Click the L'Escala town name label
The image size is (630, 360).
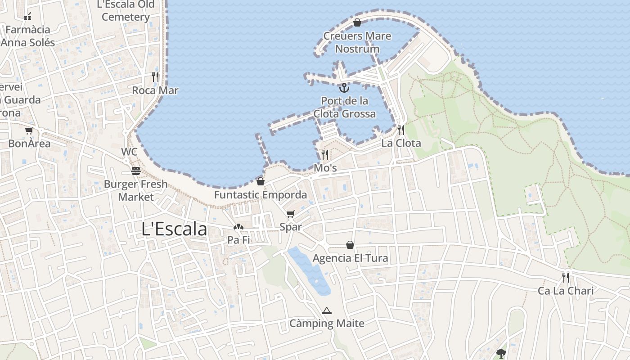(174, 229)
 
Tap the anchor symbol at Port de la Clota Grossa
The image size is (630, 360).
(344, 87)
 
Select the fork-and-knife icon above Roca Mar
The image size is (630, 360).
(155, 76)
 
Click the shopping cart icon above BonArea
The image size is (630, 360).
(29, 130)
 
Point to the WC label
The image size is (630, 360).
(129, 152)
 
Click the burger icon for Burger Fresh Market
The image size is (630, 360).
(135, 171)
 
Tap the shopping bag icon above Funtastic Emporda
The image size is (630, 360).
(260, 181)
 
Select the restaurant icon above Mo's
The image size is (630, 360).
(325, 155)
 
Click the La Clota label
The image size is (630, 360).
(401, 143)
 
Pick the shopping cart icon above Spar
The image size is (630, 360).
(291, 214)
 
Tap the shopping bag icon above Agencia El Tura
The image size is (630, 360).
(350, 245)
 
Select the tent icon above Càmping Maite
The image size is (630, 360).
(327, 310)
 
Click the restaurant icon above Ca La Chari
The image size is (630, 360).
(566, 277)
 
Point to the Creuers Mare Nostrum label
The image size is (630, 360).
(357, 42)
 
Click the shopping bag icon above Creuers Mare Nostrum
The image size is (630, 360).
(357, 22)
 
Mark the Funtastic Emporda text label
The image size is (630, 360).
(260, 195)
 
